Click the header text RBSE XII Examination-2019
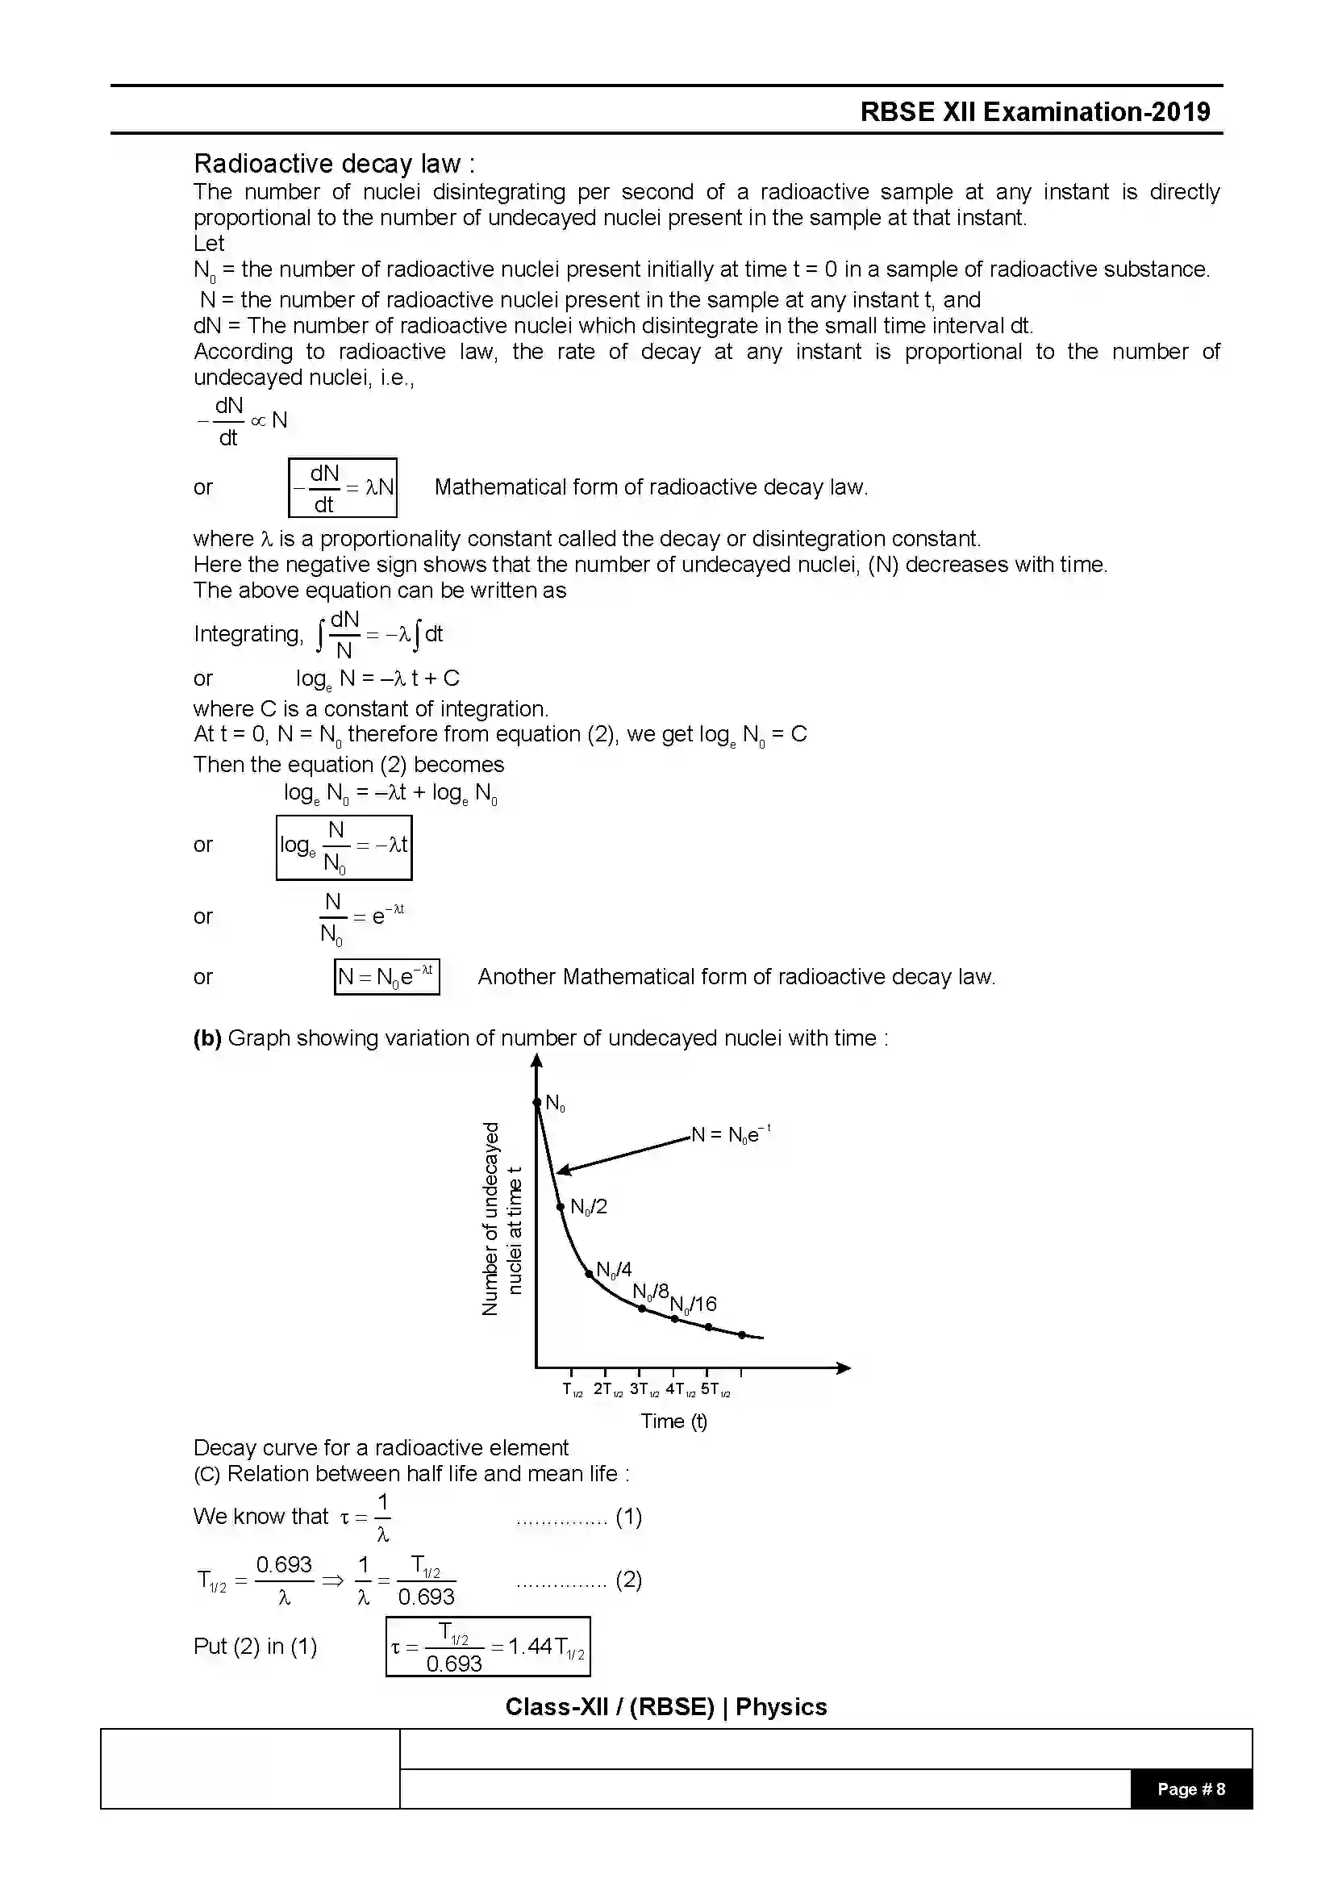[x=1035, y=112]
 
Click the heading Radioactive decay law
[x=334, y=164]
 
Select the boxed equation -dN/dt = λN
[x=343, y=487]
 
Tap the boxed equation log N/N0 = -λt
[x=344, y=847]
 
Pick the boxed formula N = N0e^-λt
[x=386, y=976]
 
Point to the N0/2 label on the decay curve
[x=588, y=1206]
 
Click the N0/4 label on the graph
[x=614, y=1270]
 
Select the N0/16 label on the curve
[x=694, y=1304]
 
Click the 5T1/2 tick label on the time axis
[x=715, y=1390]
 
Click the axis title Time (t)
[x=673, y=1421]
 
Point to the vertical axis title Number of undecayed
[x=490, y=1218]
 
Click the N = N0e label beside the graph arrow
[x=730, y=1135]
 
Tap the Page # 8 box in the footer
[x=1190, y=1789]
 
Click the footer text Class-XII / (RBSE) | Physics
[x=666, y=1707]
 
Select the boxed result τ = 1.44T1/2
[x=488, y=1647]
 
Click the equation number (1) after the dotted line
[x=628, y=1517]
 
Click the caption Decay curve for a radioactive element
[x=381, y=1447]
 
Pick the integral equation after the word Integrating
[x=380, y=633]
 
